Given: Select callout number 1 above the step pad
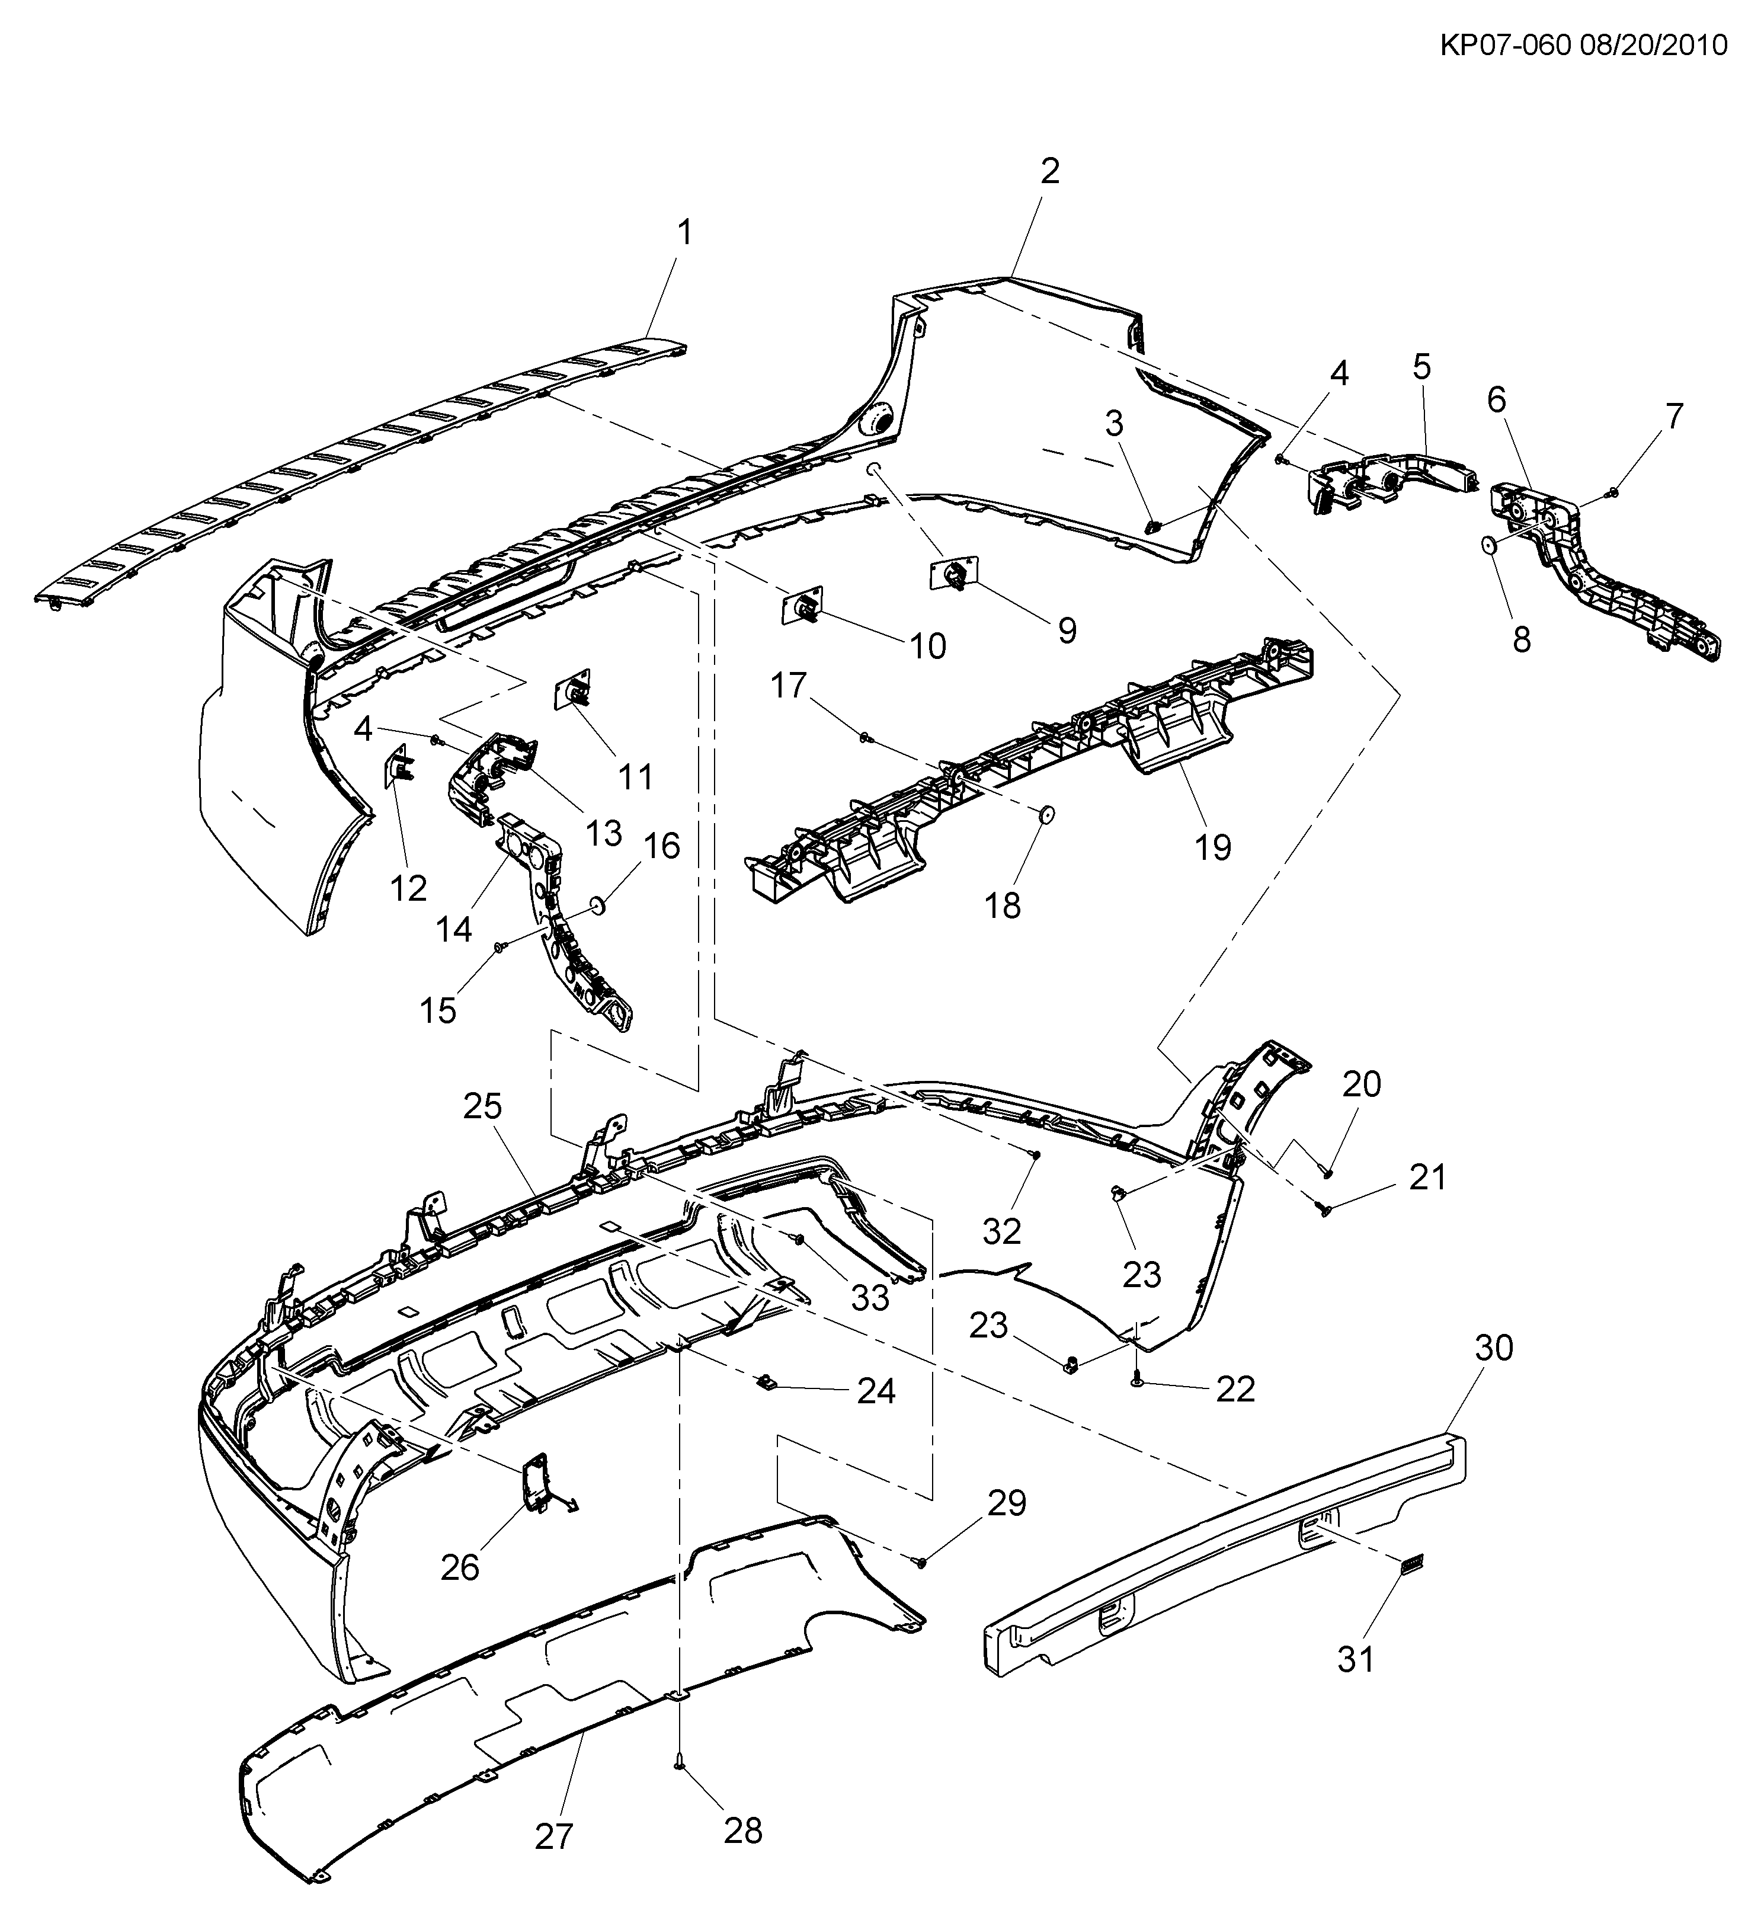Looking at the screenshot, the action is [x=684, y=232].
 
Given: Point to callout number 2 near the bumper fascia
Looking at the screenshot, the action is [x=1049, y=171].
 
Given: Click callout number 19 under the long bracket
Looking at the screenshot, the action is [x=1213, y=846].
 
